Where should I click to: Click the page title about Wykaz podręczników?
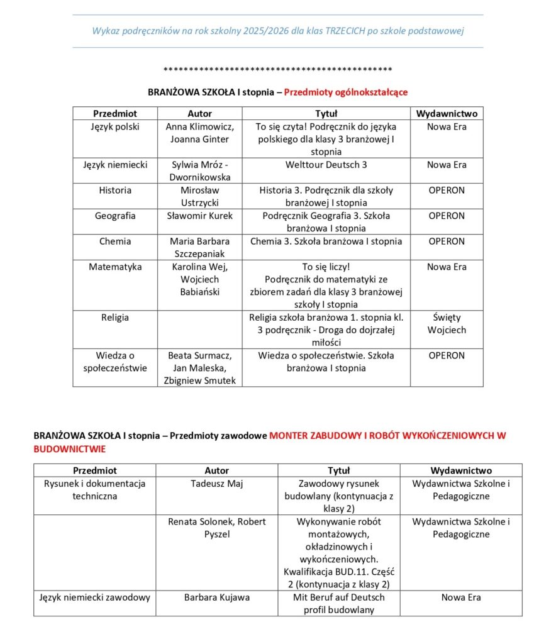(277, 31)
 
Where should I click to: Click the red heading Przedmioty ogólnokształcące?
(345, 92)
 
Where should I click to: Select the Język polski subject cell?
(115, 126)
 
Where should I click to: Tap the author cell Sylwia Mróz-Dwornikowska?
(200, 171)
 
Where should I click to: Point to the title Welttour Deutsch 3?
(326, 165)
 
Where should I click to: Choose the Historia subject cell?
(115, 190)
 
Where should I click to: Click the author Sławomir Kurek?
(200, 216)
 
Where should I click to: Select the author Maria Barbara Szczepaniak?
(200, 247)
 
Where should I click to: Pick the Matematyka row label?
(115, 267)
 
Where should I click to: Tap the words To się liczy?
(326, 267)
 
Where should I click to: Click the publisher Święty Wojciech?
(447, 323)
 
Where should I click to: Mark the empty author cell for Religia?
(200, 329)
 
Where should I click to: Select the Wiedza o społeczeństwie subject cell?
(115, 362)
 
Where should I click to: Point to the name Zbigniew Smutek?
(200, 380)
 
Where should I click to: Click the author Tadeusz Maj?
(217, 484)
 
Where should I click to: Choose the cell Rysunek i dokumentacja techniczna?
(95, 490)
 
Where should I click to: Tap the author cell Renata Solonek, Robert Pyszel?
(217, 528)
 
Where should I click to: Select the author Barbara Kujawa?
(217, 597)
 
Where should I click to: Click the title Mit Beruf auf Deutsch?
(339, 597)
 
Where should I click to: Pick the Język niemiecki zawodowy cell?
(95, 597)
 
